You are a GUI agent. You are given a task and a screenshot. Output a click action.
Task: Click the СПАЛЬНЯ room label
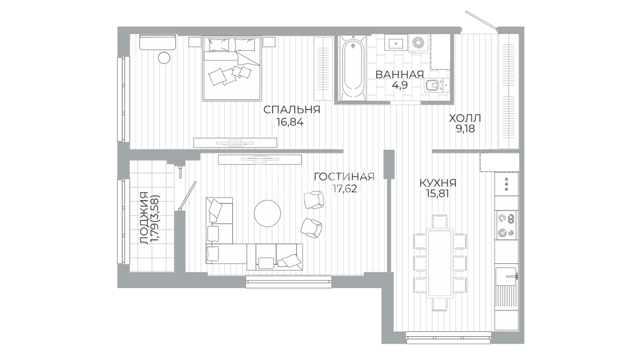click(292, 110)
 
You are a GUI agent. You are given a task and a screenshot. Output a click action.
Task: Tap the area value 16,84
click(290, 122)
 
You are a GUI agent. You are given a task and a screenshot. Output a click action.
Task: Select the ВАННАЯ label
click(400, 74)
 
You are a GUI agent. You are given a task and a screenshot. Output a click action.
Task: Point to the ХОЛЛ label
click(465, 118)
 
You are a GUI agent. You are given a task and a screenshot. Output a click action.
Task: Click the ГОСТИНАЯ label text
click(344, 176)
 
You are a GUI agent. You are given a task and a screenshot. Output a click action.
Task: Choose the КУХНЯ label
click(438, 183)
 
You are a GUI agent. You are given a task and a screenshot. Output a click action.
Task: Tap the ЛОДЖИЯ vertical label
click(144, 218)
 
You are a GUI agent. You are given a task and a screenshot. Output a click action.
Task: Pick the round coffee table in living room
click(267, 213)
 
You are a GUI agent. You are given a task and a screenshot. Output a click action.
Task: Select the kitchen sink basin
click(506, 276)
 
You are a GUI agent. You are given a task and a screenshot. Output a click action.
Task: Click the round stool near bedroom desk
click(164, 58)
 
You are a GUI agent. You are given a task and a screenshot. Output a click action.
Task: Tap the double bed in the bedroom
click(231, 69)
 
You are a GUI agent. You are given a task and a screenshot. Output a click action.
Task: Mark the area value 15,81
click(437, 193)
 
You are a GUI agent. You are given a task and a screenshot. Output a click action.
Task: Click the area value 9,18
click(465, 129)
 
